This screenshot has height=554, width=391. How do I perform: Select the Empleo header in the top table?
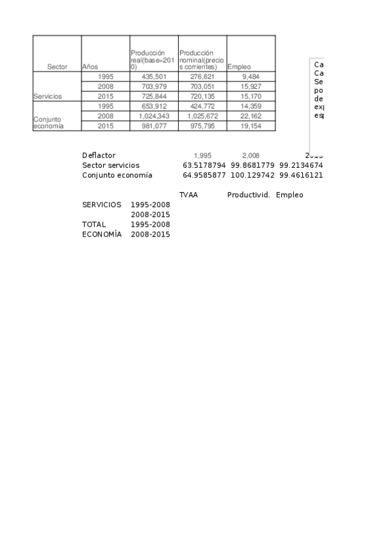point(239,67)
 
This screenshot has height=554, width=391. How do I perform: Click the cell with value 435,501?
point(154,76)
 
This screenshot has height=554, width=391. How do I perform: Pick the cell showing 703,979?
point(154,86)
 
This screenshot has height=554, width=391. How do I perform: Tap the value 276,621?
point(202,76)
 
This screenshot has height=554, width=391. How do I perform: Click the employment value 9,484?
point(251,76)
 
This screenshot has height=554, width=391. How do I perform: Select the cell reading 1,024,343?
point(154,116)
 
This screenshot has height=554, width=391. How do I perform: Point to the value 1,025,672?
point(202,116)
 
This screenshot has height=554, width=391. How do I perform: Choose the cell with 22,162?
point(251,116)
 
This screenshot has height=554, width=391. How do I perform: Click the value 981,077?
point(154,125)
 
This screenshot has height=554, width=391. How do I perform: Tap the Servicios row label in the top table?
point(48,96)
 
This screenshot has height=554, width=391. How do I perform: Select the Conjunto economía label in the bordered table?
point(49,123)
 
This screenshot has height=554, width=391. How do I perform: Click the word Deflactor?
point(99,155)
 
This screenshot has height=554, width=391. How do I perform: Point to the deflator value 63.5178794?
point(204,165)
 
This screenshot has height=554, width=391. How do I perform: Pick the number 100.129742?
point(252,175)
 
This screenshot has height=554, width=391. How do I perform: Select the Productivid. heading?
point(249,195)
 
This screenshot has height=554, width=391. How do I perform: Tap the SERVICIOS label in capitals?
point(102,204)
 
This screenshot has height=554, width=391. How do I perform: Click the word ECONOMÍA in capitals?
point(102,234)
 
